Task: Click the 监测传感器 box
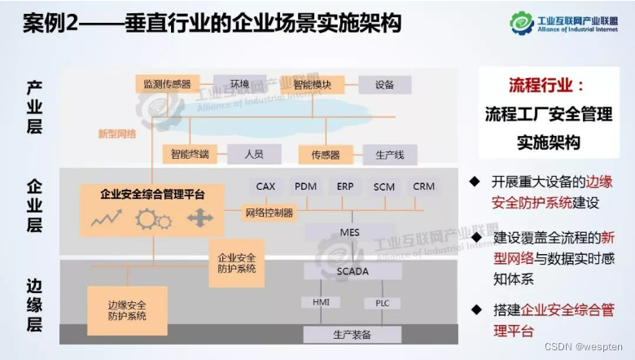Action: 167,83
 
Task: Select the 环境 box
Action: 239,83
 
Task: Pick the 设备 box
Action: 384,84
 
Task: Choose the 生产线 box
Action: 389,153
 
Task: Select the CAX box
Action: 266,187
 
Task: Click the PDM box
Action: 306,187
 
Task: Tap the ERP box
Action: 345,187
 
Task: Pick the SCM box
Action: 384,187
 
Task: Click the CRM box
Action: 423,187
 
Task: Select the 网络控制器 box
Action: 269,213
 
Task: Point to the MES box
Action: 350,233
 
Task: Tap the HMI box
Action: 321,302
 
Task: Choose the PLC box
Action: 383,303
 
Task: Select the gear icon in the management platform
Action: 153,219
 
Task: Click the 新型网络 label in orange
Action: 116,134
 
